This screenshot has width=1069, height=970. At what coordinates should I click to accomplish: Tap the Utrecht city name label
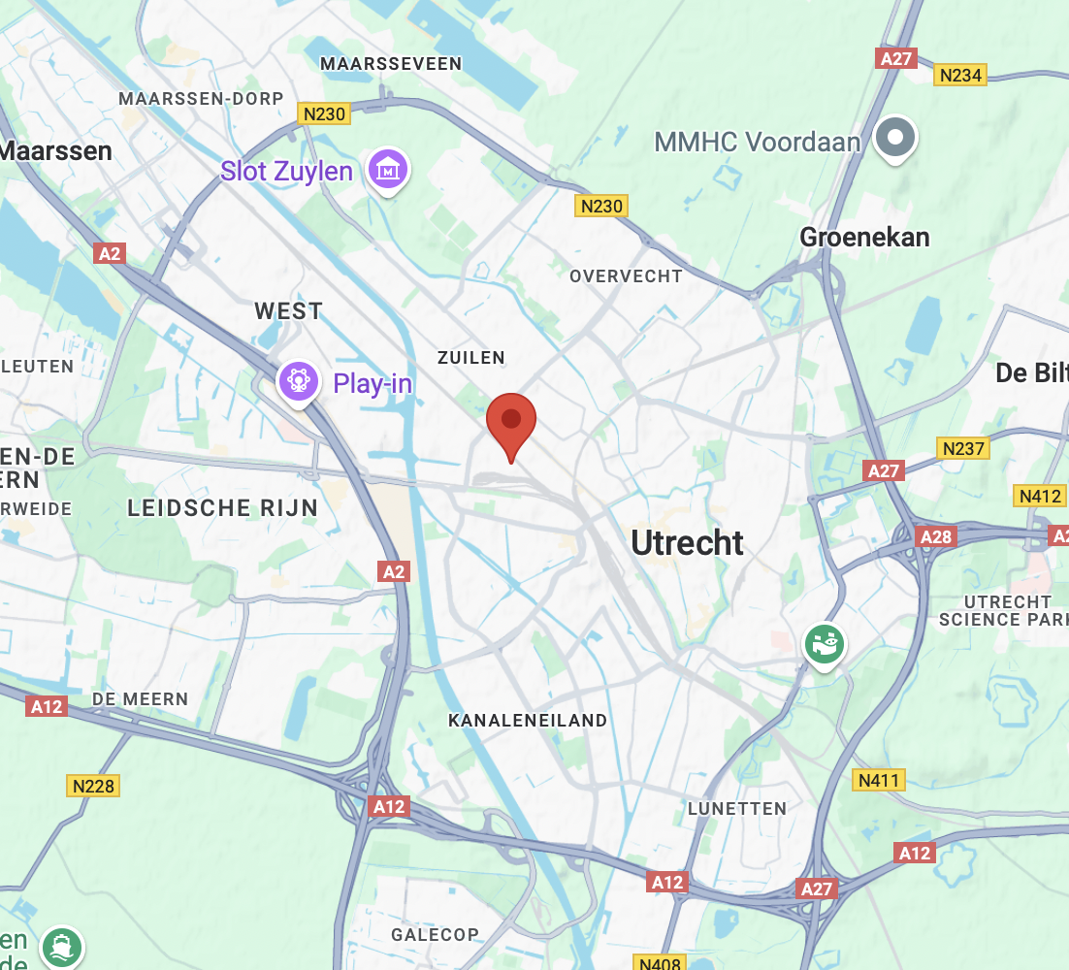tap(688, 543)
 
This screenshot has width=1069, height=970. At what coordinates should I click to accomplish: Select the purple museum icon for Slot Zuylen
tap(388, 170)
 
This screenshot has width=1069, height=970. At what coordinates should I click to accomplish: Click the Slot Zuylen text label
tap(286, 172)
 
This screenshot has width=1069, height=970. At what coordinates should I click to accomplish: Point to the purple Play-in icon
tap(299, 381)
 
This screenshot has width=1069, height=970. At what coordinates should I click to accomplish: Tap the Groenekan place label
tap(864, 238)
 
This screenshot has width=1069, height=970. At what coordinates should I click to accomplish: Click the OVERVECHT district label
tap(626, 276)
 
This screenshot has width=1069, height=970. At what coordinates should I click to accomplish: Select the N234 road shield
tap(961, 75)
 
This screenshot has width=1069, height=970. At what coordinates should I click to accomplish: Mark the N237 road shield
tap(963, 448)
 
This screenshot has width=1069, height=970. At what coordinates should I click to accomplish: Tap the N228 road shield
tap(93, 786)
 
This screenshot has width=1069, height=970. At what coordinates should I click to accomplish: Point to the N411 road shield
tap(880, 780)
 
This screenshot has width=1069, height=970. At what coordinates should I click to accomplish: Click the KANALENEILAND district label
tap(528, 721)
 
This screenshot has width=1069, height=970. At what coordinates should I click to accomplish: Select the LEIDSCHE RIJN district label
tap(223, 507)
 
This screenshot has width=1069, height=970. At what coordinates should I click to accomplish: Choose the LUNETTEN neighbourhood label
tap(737, 809)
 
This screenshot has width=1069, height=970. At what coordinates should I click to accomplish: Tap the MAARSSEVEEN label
tap(391, 64)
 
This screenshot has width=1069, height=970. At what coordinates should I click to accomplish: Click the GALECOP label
tap(435, 935)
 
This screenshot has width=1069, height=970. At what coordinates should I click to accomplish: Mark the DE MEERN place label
tap(141, 699)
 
